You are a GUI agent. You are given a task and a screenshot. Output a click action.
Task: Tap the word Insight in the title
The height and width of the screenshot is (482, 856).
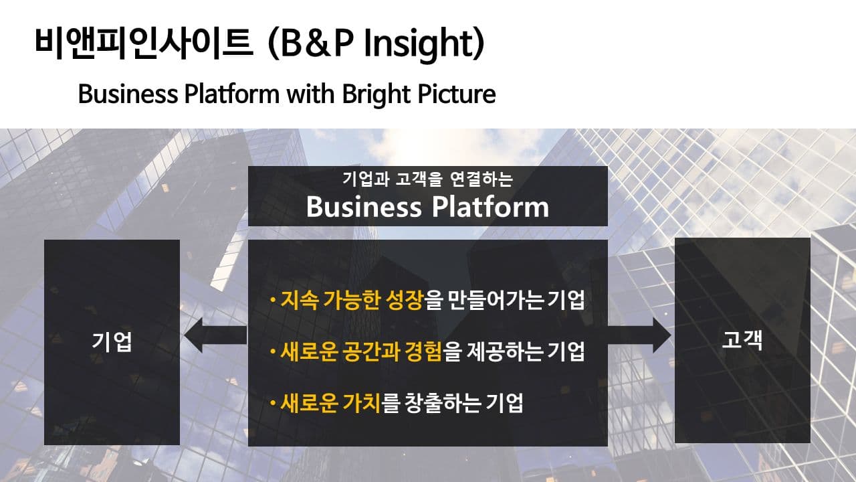419,44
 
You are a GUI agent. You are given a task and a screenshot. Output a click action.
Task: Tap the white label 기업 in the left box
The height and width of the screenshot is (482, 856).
112,341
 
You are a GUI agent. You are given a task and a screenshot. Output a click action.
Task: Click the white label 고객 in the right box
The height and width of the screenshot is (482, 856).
742,339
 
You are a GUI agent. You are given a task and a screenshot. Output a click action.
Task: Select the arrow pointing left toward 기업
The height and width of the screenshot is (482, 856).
215,335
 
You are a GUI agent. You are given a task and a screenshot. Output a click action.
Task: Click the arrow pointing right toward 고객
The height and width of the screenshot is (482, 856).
639,335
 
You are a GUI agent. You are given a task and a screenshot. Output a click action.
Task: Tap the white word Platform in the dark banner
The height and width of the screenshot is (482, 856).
490,207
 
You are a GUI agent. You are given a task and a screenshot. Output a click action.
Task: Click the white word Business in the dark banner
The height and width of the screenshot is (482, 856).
363,207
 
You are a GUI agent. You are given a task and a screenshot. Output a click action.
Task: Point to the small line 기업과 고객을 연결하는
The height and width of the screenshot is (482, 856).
427,179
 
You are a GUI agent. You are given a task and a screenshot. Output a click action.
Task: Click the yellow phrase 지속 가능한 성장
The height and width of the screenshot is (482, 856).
352,300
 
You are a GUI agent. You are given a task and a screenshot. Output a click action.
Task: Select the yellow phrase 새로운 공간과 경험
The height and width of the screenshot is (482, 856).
361,351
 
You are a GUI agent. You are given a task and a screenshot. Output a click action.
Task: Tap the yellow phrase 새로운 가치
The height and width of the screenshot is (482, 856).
330,403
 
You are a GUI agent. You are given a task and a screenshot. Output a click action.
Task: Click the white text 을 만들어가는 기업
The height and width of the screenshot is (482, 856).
504,300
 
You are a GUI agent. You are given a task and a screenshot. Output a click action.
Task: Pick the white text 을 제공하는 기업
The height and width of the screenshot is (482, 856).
514,351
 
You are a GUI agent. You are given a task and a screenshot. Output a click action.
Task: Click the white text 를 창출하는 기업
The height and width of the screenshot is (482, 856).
452,403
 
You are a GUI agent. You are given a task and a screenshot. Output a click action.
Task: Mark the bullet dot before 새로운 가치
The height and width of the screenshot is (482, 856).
272,403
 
